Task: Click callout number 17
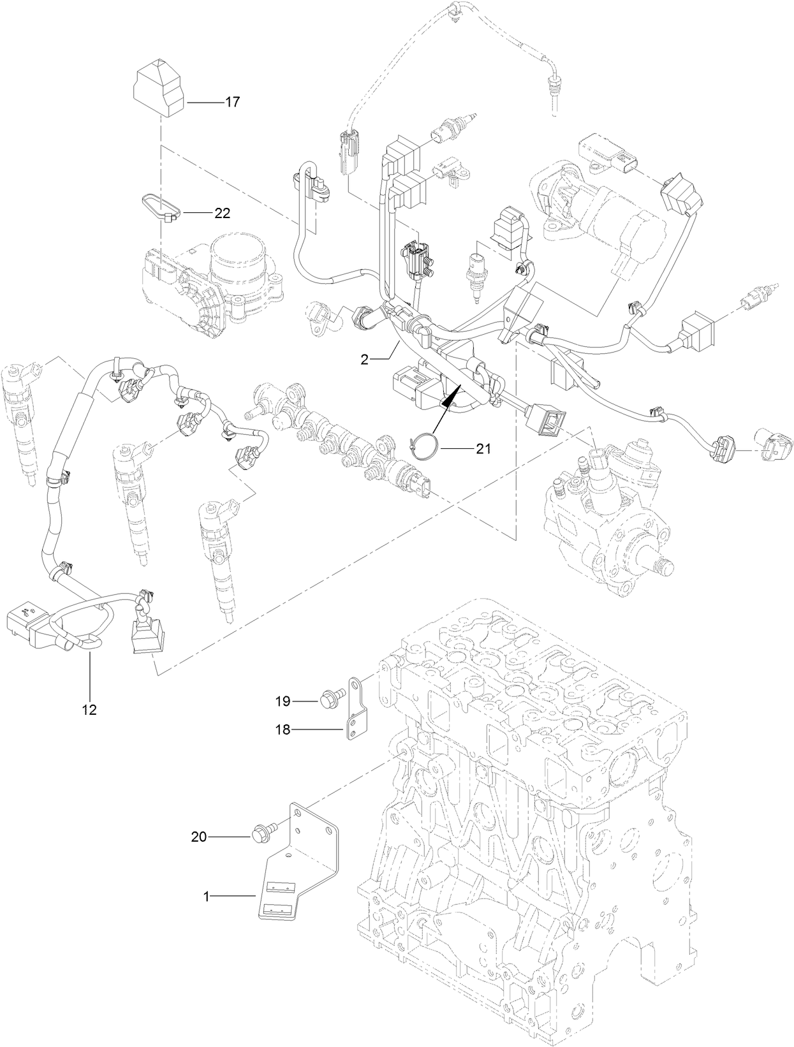click(x=232, y=101)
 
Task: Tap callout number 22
click(x=222, y=214)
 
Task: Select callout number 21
click(x=483, y=449)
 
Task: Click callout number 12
click(x=89, y=709)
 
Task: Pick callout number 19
click(x=283, y=701)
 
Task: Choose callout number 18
click(x=283, y=730)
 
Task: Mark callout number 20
click(x=200, y=836)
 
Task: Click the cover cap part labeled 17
click(x=158, y=92)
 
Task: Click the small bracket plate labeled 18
click(x=354, y=711)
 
